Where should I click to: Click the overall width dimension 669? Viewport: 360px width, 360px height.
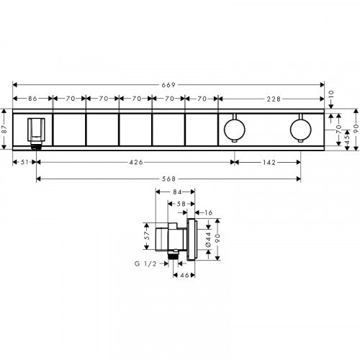click(168, 85)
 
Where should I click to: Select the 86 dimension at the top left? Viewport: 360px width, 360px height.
click(32, 99)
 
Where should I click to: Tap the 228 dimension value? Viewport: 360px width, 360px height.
click(274, 99)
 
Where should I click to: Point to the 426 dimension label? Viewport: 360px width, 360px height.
click(136, 162)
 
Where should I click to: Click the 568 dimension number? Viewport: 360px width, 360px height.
click(168, 179)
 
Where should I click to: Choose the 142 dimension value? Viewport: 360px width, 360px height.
click(269, 163)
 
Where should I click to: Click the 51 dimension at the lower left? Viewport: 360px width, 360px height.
click(24, 162)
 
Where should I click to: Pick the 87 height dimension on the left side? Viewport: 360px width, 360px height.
click(4, 129)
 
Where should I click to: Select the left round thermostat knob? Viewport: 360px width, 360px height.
click(235, 129)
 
